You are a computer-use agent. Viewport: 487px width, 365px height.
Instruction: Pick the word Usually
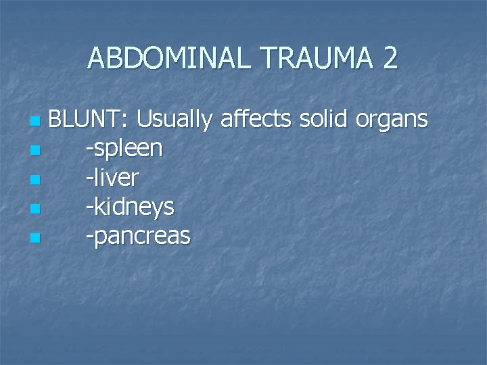(175, 120)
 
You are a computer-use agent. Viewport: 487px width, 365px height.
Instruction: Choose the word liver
(116, 178)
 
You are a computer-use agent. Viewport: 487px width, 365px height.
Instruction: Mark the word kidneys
(133, 208)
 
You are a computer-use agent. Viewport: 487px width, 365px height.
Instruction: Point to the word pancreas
(141, 237)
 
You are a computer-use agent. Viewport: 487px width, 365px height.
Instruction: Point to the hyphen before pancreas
(89, 237)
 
